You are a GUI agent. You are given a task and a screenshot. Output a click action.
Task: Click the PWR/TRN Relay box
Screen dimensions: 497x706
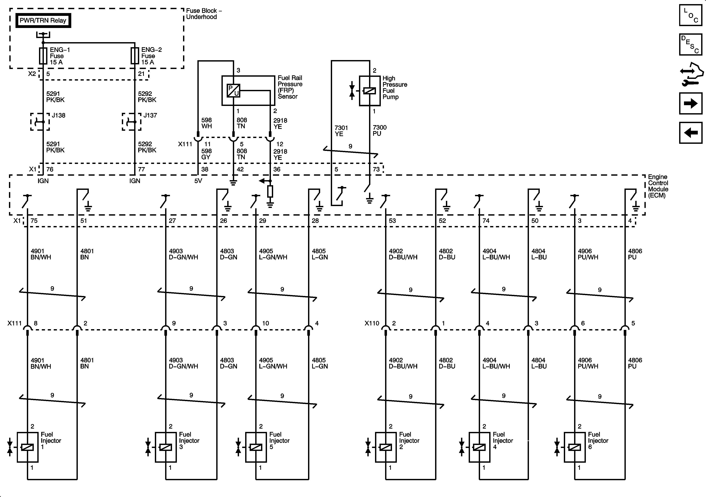pos(43,21)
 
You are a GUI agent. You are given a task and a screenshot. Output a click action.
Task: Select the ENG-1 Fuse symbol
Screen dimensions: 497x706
pos(43,56)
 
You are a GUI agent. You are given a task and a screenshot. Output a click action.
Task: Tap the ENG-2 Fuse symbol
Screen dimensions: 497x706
pos(135,56)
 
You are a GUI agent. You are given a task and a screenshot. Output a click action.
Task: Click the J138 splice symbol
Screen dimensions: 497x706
pos(40,122)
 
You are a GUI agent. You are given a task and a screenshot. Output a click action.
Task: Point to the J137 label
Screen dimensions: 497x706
pos(150,116)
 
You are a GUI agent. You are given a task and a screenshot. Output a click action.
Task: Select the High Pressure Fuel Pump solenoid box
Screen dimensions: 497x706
pos(370,91)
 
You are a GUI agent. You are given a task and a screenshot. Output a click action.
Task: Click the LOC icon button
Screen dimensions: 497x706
pos(691,15)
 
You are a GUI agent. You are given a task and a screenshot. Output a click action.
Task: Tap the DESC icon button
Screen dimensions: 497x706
pos(691,45)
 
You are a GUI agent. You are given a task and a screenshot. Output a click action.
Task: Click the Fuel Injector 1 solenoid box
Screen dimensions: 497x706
pos(28,447)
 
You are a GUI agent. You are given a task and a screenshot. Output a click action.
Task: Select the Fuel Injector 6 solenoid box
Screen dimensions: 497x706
pos(574,447)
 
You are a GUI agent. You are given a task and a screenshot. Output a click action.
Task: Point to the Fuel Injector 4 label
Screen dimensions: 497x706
pos(503,440)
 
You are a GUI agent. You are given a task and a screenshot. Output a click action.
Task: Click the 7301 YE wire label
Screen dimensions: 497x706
pos(341,131)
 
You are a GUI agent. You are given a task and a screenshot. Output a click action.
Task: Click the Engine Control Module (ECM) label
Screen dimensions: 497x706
pos(658,186)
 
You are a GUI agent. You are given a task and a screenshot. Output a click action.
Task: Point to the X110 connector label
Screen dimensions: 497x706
pos(372,323)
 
